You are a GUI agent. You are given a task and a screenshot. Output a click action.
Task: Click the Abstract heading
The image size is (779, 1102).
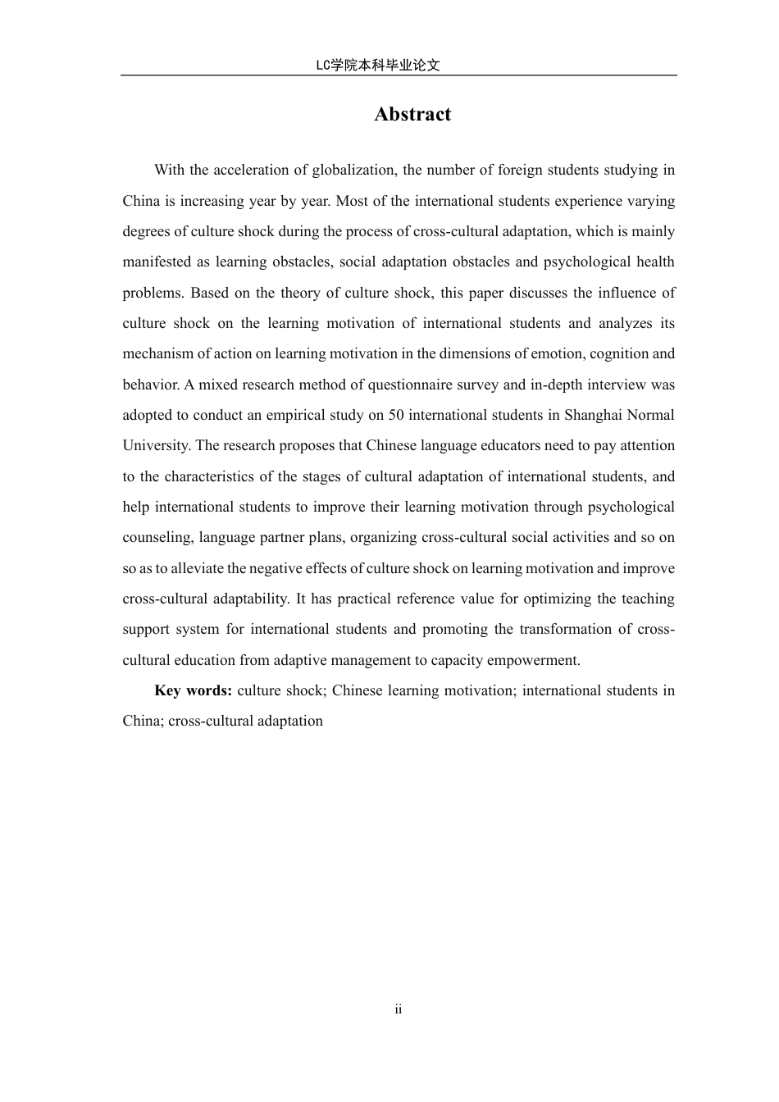point(412,115)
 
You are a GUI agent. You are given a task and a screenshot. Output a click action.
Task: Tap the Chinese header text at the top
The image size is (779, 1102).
point(377,66)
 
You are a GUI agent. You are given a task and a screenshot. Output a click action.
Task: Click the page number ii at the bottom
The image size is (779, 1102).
point(399,1009)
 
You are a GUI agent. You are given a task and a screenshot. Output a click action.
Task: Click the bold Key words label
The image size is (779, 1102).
point(194,690)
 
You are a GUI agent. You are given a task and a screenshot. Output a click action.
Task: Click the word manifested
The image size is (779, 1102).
point(156,262)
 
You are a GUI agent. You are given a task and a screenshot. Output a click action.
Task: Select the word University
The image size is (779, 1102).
point(156,446)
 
